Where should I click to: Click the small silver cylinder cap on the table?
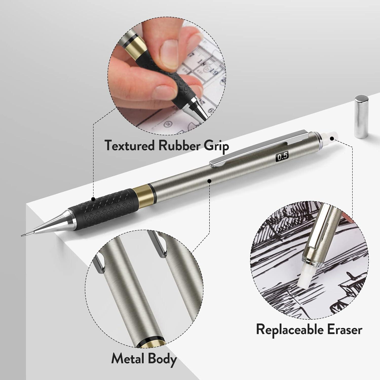coord(361,117)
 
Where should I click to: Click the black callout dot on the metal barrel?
coord(209,181)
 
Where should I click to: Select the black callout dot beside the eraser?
coord(332,139)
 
